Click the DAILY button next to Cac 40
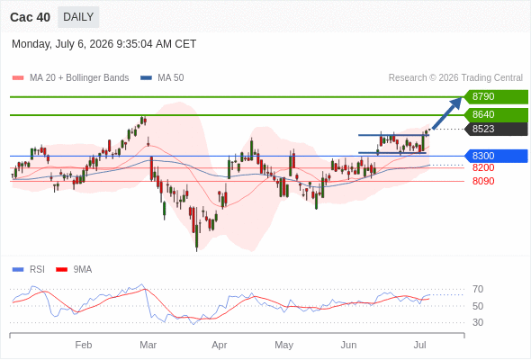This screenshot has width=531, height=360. [x=78, y=17]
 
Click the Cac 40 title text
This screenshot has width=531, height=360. [x=30, y=17]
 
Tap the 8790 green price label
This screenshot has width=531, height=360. [x=496, y=96]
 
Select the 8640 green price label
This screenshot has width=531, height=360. [x=496, y=114]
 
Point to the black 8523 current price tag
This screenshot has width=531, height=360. [x=496, y=129]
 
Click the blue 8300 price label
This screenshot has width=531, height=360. [x=496, y=156]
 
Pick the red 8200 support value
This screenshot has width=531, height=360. [x=483, y=167]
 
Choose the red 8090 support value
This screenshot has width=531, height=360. [x=483, y=181]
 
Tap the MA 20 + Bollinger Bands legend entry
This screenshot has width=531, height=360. [x=70, y=78]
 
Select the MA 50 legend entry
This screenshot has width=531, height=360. [x=162, y=78]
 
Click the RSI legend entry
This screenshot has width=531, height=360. [x=29, y=270]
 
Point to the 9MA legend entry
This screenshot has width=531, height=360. [x=74, y=270]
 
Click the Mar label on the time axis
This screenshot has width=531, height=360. [x=148, y=345]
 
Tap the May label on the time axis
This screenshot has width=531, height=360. [x=283, y=345]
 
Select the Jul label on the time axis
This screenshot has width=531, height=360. [x=420, y=345]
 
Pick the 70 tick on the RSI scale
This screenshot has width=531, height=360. [x=478, y=289]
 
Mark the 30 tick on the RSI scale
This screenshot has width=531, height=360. [x=478, y=322]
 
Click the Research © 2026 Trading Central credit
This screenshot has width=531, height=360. [x=455, y=78]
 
